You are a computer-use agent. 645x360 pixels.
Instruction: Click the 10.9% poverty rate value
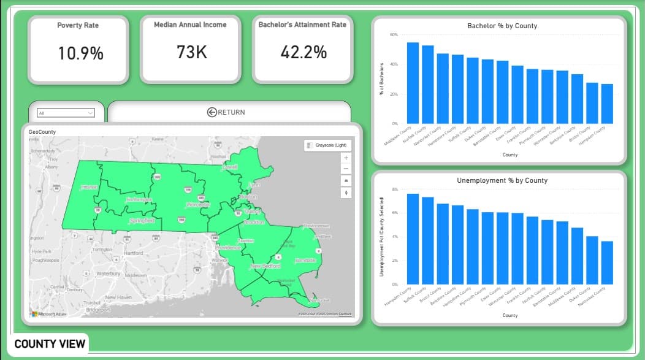[x=80, y=53]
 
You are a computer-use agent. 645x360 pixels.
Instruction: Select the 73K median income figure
[x=191, y=52]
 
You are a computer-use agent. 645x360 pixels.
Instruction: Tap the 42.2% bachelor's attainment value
[x=303, y=52]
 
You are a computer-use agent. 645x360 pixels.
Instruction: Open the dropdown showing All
[x=66, y=113]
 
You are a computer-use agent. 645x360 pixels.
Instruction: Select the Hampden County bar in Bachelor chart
[x=607, y=104]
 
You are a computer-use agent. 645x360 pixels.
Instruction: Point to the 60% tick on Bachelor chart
[x=394, y=35]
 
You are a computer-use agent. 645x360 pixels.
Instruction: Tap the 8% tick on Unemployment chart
[x=395, y=190]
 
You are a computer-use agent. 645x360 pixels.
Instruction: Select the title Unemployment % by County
[x=502, y=181]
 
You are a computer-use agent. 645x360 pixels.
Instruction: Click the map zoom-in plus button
[x=346, y=158]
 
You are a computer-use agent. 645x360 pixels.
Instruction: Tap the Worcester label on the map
[x=197, y=205]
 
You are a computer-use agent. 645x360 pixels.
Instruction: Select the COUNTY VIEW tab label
[x=50, y=343]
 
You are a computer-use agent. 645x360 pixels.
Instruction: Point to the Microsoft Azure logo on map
[x=48, y=313]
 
